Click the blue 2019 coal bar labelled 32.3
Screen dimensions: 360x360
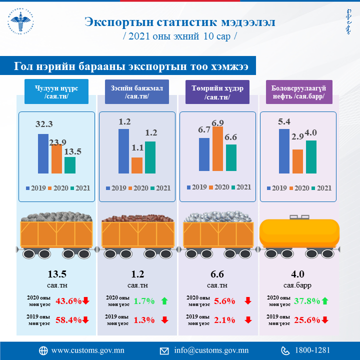point(43,153)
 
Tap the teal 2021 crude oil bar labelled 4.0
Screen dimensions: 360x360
point(310,156)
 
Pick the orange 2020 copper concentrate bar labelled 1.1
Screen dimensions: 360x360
point(137,165)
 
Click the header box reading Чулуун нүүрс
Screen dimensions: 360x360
point(56,92)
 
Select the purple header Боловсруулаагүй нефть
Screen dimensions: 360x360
point(298,92)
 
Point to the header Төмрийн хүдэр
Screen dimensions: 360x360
point(217,92)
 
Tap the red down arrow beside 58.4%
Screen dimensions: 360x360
point(86,320)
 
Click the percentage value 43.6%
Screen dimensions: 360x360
point(68,300)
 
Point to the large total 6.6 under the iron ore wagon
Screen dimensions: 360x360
point(217,274)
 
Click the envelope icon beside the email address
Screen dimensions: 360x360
point(164,350)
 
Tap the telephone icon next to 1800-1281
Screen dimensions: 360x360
point(285,350)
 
